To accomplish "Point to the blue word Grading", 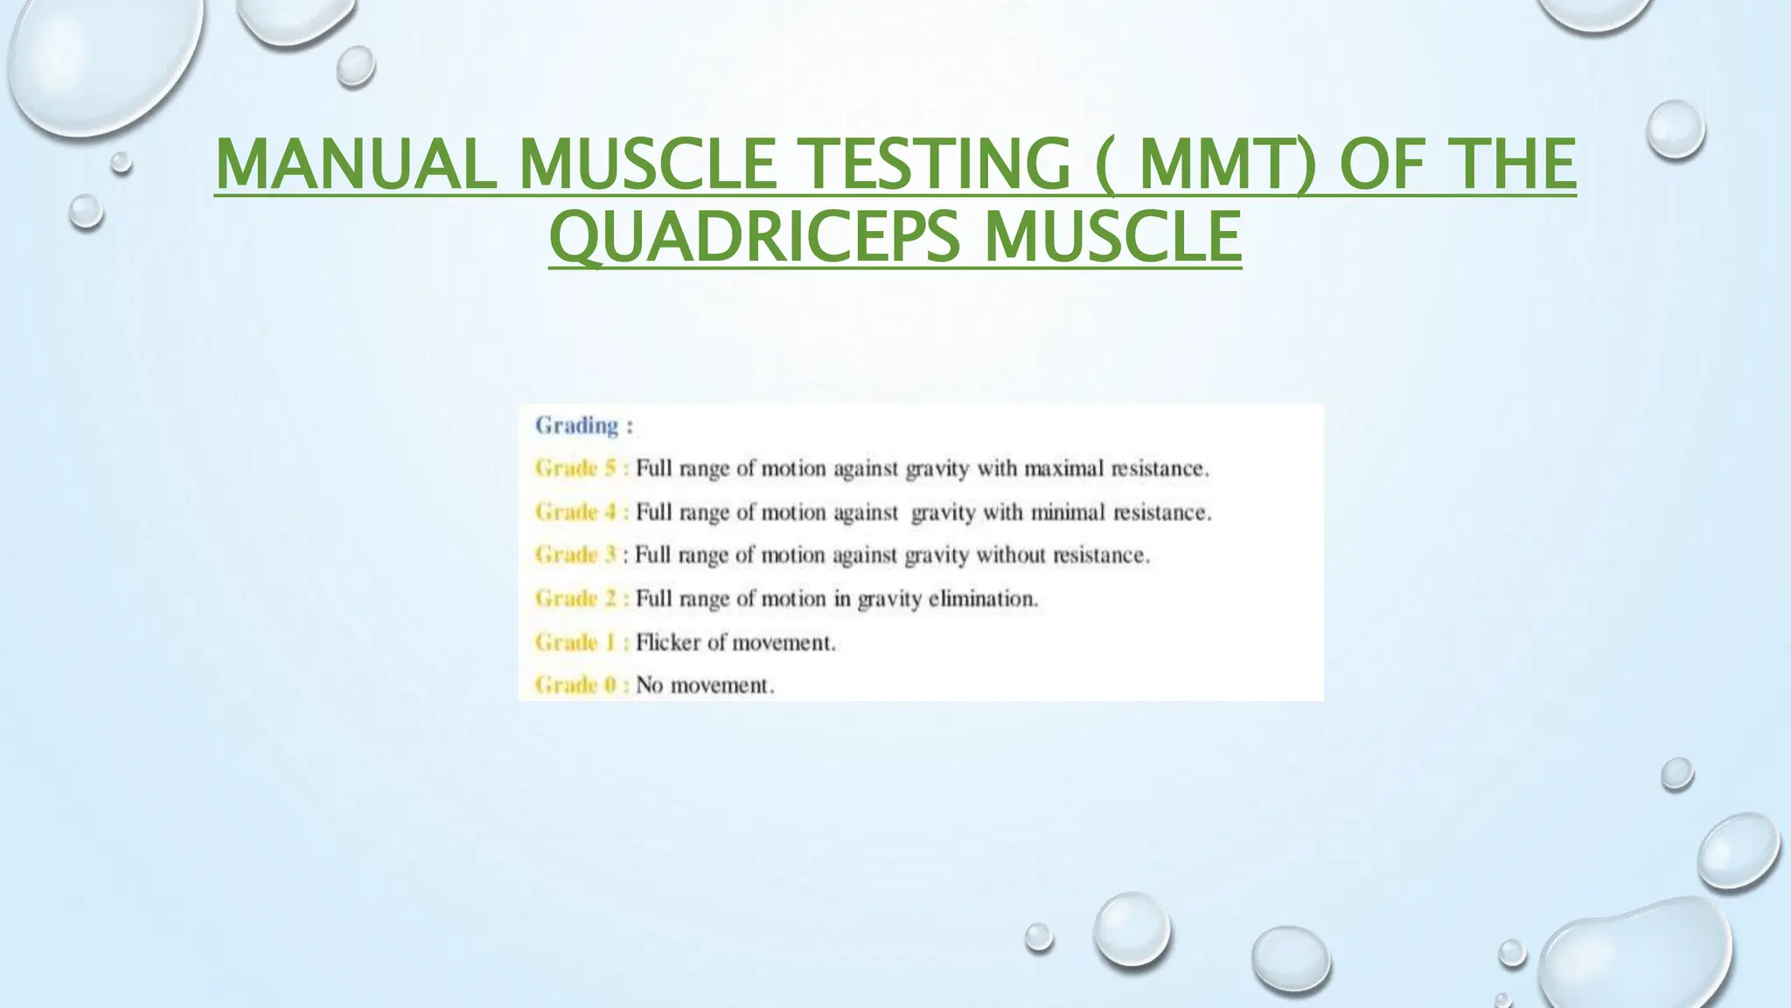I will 577,426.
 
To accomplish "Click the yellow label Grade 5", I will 577,469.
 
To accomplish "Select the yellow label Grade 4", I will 577,512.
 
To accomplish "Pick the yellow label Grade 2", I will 577,598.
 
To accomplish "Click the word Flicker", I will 668,642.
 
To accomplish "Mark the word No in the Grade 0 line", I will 649,685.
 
